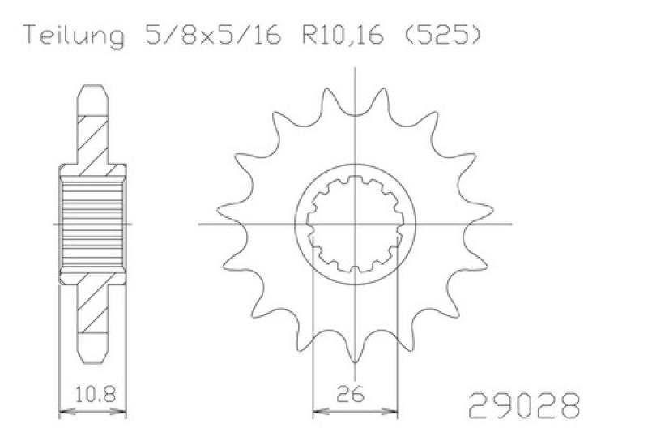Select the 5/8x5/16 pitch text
[213, 36]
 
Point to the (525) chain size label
[441, 36]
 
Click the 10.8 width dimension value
[95, 394]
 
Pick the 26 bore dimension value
[351, 394]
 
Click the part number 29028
[524, 405]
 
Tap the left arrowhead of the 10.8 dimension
[66, 412]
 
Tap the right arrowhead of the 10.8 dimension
[119, 412]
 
